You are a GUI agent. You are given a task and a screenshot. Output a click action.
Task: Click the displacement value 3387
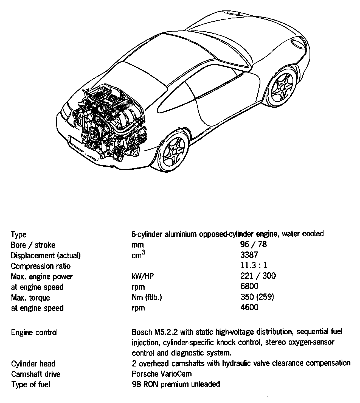pos(249,255)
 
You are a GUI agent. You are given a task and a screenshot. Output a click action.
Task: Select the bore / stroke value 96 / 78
pos(253,244)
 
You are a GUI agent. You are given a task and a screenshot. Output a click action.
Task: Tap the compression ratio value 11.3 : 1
pos(254,265)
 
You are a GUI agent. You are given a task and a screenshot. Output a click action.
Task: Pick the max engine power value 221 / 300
pos(258,276)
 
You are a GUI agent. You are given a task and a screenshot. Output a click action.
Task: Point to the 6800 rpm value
pos(249,286)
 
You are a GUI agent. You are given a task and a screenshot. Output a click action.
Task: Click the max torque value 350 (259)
pos(257,297)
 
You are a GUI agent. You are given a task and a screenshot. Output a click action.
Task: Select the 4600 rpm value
pos(249,307)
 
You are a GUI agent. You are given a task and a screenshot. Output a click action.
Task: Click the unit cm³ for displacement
pos(138,255)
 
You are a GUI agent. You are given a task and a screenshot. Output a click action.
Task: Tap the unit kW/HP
pos(143,276)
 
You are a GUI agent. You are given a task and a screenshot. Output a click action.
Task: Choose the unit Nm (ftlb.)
pos(147,297)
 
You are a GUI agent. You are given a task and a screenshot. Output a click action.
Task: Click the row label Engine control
pos(34,332)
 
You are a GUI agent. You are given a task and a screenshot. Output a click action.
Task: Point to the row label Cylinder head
pos(33,364)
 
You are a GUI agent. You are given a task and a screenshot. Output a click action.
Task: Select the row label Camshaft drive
pos(35,374)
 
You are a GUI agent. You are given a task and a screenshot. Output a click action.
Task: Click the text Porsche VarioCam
pos(162,374)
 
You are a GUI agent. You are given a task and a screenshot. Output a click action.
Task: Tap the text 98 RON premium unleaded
pos(176,384)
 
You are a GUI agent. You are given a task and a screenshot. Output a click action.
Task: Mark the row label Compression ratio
pos(41,266)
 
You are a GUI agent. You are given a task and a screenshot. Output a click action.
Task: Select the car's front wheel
pos(282,88)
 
